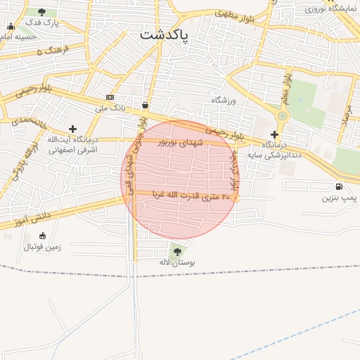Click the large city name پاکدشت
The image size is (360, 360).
(x=165, y=35)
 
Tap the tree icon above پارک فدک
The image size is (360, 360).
(x=42, y=12)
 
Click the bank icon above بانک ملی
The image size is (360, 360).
(x=110, y=96)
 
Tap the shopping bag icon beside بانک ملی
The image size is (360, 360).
(x=145, y=105)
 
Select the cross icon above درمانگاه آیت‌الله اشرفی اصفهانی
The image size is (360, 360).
(x=72, y=129)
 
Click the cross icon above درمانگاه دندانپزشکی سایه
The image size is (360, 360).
(x=274, y=134)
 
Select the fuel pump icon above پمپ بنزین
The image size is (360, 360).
(x=340, y=186)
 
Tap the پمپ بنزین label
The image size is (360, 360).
(x=336, y=198)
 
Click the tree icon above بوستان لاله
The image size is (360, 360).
(x=176, y=251)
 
